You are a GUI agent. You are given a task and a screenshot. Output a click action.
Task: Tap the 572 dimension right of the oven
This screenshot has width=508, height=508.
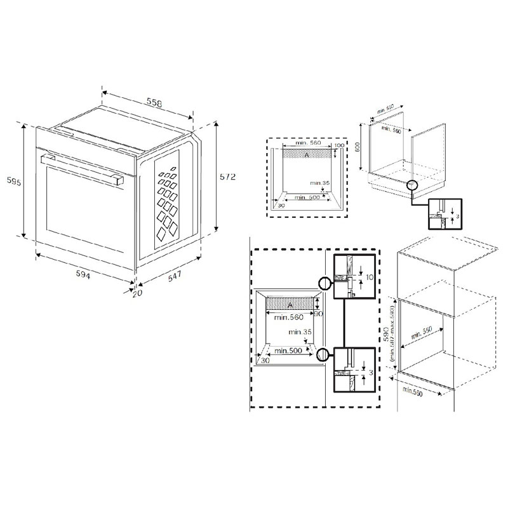tap(228, 177)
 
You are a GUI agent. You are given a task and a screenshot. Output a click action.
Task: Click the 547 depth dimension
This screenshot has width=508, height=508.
tap(171, 276)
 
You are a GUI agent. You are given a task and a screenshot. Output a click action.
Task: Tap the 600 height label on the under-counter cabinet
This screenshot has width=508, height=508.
tap(358, 147)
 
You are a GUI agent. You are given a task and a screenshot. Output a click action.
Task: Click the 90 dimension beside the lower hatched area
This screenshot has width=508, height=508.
tap(320, 314)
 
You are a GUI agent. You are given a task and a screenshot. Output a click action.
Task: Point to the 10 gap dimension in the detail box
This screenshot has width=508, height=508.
tap(369, 277)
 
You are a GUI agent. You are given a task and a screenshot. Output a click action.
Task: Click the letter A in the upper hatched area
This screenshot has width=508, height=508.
tap(307, 154)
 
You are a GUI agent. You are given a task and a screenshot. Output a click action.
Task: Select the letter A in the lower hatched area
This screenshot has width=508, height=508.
tap(290, 305)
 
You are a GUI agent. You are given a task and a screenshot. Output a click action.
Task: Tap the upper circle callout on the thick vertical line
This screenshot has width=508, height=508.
tap(325, 283)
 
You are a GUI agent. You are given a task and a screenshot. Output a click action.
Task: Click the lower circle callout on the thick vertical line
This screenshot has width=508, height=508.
tap(325, 355)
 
